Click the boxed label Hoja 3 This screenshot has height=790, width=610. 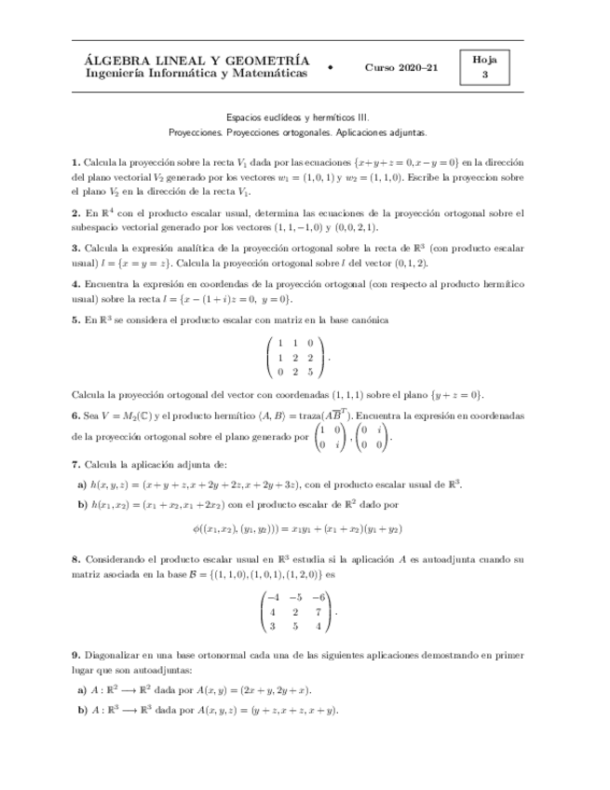[484, 67]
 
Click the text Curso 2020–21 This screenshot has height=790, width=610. [401, 68]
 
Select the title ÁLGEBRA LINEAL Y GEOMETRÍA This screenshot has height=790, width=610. [197, 61]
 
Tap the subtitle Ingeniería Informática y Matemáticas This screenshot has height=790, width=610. [196, 74]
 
